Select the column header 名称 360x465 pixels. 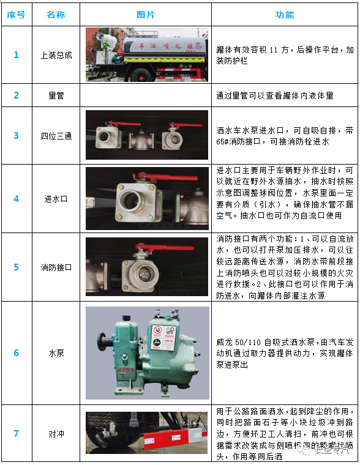coord(56,15)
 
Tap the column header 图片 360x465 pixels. coord(146,15)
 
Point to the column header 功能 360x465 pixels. coord(285,15)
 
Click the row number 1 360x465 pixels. coord(17,55)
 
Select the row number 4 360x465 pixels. coord(17,199)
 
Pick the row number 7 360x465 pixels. coord(17,434)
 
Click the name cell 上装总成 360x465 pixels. coord(56,55)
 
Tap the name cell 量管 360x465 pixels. coord(56,95)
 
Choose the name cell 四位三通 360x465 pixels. coord(56,136)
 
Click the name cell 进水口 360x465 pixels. coord(56,199)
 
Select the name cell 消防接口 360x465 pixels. coord(56,267)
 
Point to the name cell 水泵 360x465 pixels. coord(56,353)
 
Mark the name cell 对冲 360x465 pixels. coord(56,434)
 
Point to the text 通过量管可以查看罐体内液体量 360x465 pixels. coord(274,96)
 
